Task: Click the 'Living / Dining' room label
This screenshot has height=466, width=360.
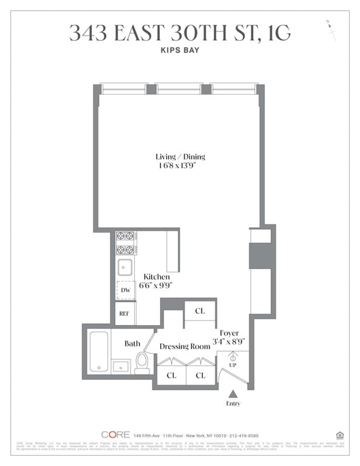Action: point(180,157)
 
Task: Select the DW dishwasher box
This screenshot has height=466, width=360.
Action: point(126,291)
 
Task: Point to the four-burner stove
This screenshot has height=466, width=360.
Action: point(126,242)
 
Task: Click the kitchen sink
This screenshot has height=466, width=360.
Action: point(125,268)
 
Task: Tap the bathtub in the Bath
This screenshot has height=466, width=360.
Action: point(99,351)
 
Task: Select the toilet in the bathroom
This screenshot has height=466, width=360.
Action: point(143,363)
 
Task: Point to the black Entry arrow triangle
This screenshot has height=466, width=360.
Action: point(233,394)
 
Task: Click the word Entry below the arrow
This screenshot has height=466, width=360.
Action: point(233,403)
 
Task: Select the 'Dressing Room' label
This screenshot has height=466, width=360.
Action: point(184,346)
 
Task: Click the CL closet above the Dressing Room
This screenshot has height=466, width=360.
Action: point(200,311)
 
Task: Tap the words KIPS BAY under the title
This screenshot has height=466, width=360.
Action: point(180,50)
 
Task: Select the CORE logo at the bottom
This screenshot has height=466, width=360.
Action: point(115,435)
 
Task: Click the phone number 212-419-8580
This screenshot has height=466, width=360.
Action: point(243,435)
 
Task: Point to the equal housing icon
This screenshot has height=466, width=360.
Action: point(340,435)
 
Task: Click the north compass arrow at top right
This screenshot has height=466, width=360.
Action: point(332,31)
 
